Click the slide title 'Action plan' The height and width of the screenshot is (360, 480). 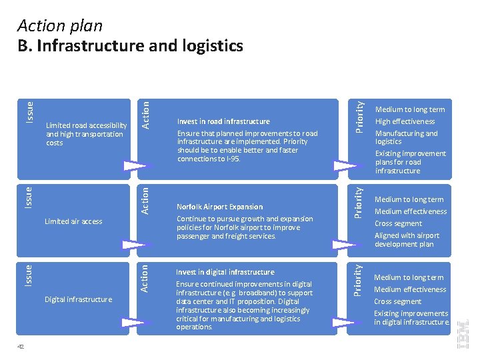(60, 26)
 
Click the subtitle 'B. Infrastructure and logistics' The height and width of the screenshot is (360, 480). (130, 45)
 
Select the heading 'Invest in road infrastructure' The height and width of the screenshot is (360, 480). (223, 121)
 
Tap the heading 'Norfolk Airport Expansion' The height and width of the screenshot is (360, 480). (219, 207)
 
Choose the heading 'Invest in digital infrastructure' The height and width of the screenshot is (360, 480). (225, 272)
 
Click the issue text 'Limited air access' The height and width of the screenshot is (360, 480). (73, 221)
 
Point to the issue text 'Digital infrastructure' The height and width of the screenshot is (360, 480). (78, 299)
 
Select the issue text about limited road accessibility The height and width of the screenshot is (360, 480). (86, 134)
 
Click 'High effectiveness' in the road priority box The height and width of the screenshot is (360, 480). (405, 121)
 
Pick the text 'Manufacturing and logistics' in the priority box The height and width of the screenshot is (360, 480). (406, 137)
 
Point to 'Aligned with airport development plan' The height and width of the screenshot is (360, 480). (407, 240)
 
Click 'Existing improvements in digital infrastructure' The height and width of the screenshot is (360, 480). (411, 318)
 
